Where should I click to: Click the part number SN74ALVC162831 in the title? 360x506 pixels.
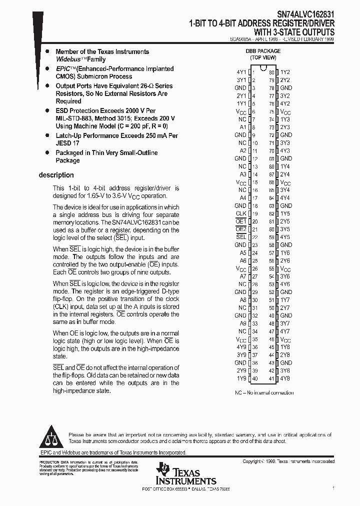(306, 15)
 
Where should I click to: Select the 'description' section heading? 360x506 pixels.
(56, 175)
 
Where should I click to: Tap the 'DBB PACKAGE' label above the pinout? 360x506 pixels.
(263, 51)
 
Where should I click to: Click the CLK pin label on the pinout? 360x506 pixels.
(241, 213)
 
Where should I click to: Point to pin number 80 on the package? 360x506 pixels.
(271, 72)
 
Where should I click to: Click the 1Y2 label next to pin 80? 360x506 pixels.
(285, 72)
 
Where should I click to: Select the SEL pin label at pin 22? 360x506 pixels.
(241, 237)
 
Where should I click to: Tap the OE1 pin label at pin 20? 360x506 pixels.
(241, 221)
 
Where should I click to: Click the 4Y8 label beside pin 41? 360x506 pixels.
(285, 378)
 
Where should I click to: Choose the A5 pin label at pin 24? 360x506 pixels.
(242, 252)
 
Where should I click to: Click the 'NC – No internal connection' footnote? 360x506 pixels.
(264, 392)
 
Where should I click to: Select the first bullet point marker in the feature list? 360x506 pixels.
(47, 51)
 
